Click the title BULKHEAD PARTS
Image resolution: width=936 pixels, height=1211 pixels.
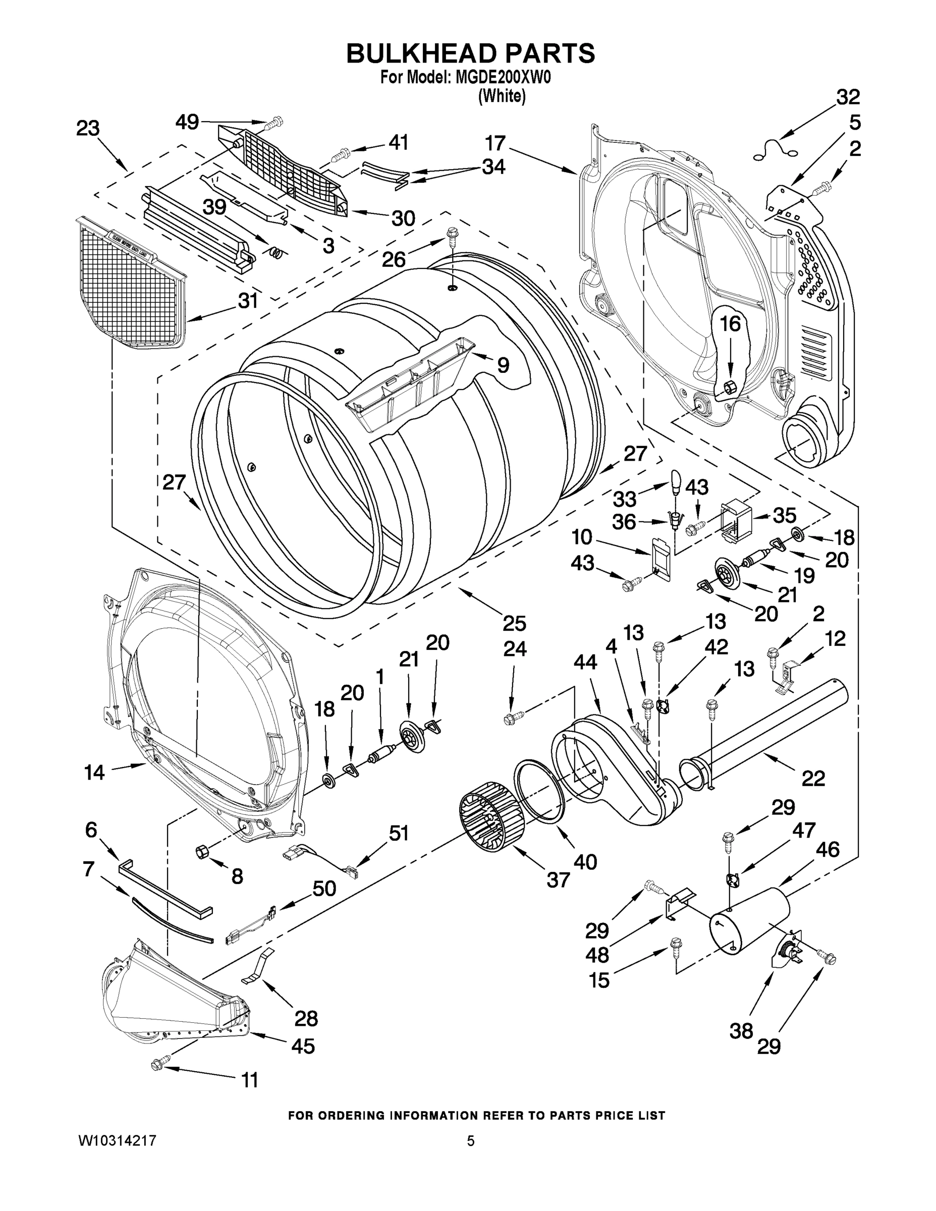coord(470,54)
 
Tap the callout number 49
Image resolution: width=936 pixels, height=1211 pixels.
coord(187,122)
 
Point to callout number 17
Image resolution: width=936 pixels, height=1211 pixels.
coord(495,143)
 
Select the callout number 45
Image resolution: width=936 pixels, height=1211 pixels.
coord(303,1046)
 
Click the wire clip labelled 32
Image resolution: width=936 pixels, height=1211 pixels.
coord(777,150)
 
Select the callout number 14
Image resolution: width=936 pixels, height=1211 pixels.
coord(94,772)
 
